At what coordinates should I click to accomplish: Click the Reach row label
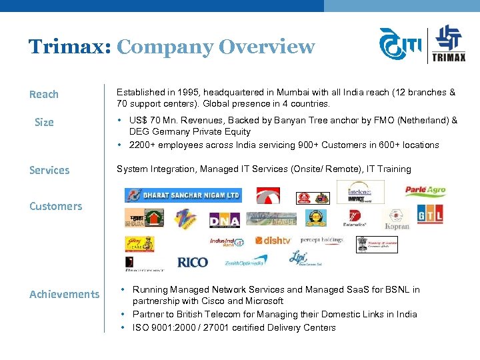tap(44, 95)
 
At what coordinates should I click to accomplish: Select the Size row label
tap(44, 123)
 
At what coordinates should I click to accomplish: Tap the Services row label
tap(49, 171)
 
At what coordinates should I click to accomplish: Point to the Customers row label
tap(56, 207)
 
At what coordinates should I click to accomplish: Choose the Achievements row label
tap(65, 295)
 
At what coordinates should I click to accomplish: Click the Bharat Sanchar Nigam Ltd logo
tap(184, 195)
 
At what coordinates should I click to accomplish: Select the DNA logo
tap(224, 219)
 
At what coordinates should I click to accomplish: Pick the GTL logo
tap(430, 215)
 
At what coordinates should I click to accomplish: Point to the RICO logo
tap(193, 263)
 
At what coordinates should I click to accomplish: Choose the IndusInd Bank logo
tap(227, 242)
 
